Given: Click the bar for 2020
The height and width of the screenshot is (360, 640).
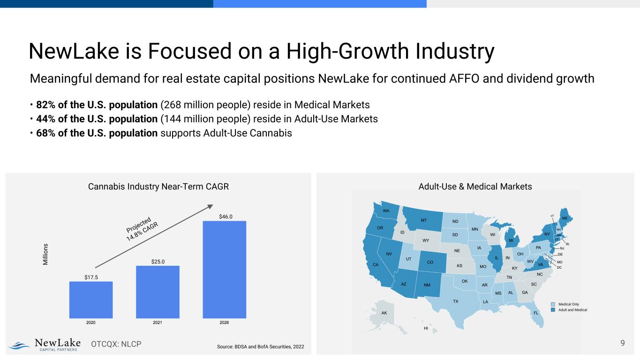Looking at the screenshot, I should (91, 300).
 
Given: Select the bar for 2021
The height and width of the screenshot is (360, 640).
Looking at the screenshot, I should (158, 292).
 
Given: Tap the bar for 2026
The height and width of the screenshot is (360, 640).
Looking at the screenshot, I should (224, 269).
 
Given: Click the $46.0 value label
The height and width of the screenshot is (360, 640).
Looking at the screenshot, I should (226, 217).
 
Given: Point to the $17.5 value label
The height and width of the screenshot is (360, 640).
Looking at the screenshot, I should (91, 277).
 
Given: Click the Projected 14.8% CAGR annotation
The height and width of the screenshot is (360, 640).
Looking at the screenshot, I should (143, 229).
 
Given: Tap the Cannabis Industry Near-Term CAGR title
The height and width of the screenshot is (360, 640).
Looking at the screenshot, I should (158, 187).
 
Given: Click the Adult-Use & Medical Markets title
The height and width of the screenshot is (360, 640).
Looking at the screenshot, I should (474, 187).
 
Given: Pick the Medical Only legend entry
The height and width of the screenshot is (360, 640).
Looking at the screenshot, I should (569, 304).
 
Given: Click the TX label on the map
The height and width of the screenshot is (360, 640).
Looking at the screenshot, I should (455, 301).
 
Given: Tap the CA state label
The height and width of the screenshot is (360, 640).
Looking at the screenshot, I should (376, 265).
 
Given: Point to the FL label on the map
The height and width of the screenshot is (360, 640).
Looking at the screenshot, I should (536, 313).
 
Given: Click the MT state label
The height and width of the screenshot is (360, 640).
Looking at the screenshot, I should (423, 220).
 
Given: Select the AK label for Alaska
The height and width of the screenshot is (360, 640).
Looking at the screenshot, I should (384, 313).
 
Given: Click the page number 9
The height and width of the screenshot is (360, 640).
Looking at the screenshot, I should (623, 343).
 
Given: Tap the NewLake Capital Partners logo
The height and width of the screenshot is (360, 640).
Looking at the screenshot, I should (46, 345).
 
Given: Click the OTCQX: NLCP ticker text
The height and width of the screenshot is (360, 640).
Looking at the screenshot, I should (116, 345).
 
